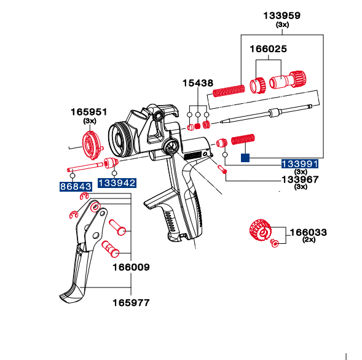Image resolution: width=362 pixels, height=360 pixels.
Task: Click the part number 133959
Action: [x=282, y=15]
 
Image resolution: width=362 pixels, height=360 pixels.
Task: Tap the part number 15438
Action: [x=197, y=82]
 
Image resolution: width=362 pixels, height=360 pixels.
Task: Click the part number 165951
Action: [x=89, y=112]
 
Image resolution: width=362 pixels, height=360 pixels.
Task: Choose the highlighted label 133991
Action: [x=300, y=163]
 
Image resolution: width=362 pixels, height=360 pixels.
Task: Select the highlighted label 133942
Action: [x=116, y=183]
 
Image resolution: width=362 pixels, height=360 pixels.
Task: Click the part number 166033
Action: [x=308, y=232]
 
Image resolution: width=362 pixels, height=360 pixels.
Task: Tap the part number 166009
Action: [x=130, y=267]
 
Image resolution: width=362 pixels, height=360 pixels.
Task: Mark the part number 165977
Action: [x=130, y=302]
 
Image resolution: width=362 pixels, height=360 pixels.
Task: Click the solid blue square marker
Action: [x=245, y=157]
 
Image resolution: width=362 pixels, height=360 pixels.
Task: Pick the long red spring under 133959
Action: [x=229, y=90]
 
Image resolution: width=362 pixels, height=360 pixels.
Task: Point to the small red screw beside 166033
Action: [x=276, y=243]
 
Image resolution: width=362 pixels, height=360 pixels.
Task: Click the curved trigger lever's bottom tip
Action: [x=71, y=299]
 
